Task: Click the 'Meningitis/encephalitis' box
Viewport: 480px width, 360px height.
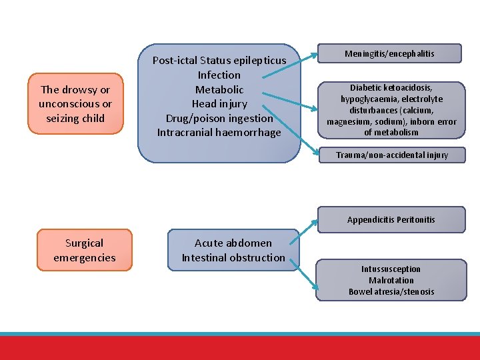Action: pyautogui.click(x=389, y=53)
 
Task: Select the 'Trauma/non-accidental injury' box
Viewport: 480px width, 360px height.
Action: pyautogui.click(x=391, y=155)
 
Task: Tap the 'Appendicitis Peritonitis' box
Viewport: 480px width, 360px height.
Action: pyautogui.click(x=391, y=219)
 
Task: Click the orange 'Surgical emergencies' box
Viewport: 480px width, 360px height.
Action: pyautogui.click(x=85, y=250)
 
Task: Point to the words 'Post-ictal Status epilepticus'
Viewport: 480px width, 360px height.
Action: pyautogui.click(x=219, y=60)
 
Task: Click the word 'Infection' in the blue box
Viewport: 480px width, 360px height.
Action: pyautogui.click(x=219, y=75)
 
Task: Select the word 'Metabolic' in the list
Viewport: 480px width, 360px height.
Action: pyautogui.click(x=219, y=89)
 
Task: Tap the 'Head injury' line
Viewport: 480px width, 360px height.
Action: pyautogui.click(x=219, y=104)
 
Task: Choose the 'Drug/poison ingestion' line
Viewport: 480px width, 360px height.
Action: pyautogui.click(x=219, y=118)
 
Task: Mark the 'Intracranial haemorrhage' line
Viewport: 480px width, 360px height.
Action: pyautogui.click(x=219, y=133)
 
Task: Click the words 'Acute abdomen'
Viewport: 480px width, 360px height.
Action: pyautogui.click(x=233, y=243)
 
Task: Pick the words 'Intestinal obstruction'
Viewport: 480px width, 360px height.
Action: pyautogui.click(x=233, y=257)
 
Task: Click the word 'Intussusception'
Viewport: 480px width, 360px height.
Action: pyautogui.click(x=391, y=269)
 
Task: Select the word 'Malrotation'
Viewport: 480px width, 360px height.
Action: pyautogui.click(x=391, y=281)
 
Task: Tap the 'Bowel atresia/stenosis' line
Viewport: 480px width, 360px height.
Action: pyautogui.click(x=391, y=292)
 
